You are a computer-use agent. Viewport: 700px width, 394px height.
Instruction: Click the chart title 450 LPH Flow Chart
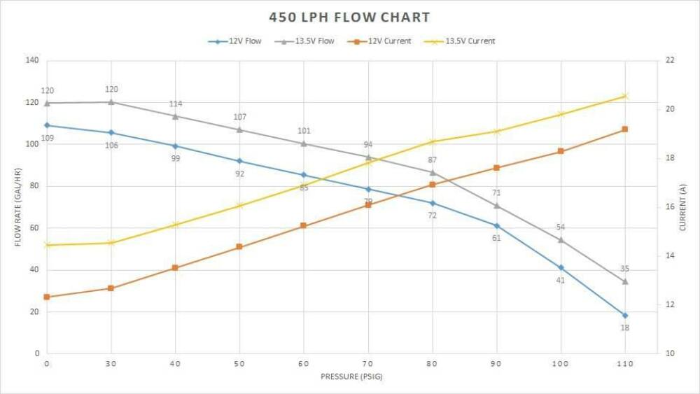pyautogui.click(x=350, y=17)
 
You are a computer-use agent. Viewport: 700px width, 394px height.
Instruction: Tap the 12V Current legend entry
pyautogui.click(x=382, y=41)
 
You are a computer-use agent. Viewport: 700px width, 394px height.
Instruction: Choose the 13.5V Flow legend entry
pyautogui.click(x=308, y=41)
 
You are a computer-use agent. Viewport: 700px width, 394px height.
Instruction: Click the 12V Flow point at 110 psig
pyautogui.click(x=625, y=316)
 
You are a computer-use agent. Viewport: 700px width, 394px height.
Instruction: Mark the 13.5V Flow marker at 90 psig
pyautogui.click(x=497, y=206)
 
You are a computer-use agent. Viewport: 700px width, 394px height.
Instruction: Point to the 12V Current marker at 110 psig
pyautogui.click(x=625, y=129)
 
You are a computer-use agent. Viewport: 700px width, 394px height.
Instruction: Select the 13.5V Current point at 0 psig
pyautogui.click(x=47, y=245)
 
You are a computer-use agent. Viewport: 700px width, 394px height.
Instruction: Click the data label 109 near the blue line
pyautogui.click(x=47, y=138)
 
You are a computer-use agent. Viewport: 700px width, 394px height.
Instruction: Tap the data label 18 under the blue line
pyautogui.click(x=625, y=328)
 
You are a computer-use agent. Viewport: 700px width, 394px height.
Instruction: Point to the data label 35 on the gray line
pyautogui.click(x=625, y=269)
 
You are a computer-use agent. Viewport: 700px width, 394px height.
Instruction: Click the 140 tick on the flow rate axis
pyautogui.click(x=31, y=60)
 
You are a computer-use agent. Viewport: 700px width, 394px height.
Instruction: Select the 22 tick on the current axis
pyautogui.click(x=670, y=60)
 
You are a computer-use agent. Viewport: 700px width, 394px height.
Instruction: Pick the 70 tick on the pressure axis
pyautogui.click(x=368, y=364)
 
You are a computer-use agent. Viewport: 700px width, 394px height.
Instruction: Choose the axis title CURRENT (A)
pyautogui.click(x=684, y=207)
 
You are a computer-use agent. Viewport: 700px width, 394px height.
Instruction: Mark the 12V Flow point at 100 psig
pyautogui.click(x=561, y=267)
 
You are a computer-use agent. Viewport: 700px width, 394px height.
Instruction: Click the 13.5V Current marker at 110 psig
pyautogui.click(x=625, y=96)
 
